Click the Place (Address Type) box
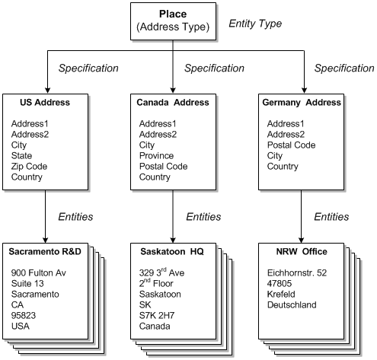[173, 21]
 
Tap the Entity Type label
[255, 24]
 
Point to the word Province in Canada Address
[158, 156]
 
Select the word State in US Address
[23, 156]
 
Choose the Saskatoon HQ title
[171, 251]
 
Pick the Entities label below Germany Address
[331, 217]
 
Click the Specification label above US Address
[89, 68]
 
